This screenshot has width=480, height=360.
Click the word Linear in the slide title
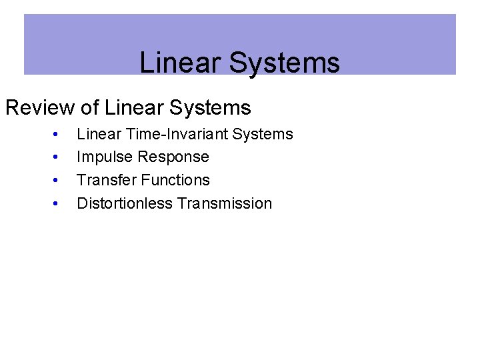(x=181, y=63)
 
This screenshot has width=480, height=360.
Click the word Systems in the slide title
(x=285, y=63)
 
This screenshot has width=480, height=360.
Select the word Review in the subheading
(x=39, y=107)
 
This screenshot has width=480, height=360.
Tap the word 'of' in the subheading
(x=89, y=107)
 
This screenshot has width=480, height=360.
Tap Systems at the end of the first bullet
(x=263, y=134)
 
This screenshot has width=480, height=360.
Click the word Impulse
(x=103, y=157)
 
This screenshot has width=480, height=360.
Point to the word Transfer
(x=104, y=180)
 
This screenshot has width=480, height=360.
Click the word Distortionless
(x=125, y=203)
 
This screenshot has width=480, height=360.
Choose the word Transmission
(x=225, y=203)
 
